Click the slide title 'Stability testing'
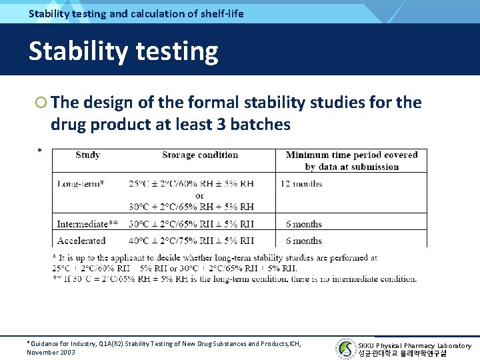(x=123, y=51)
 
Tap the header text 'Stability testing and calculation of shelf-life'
(x=136, y=13)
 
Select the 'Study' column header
(x=88, y=155)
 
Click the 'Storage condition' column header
(x=199, y=155)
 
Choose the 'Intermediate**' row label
(x=87, y=224)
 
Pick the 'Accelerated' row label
(x=81, y=241)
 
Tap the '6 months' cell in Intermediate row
(x=303, y=224)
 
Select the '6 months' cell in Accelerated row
(x=303, y=241)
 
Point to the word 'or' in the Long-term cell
(x=199, y=195)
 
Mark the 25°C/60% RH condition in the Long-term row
(x=191, y=183)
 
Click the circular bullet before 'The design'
(x=41, y=103)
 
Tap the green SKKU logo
(x=345, y=348)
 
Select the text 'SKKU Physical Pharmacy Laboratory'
(x=414, y=345)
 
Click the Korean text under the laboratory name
(x=402, y=353)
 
